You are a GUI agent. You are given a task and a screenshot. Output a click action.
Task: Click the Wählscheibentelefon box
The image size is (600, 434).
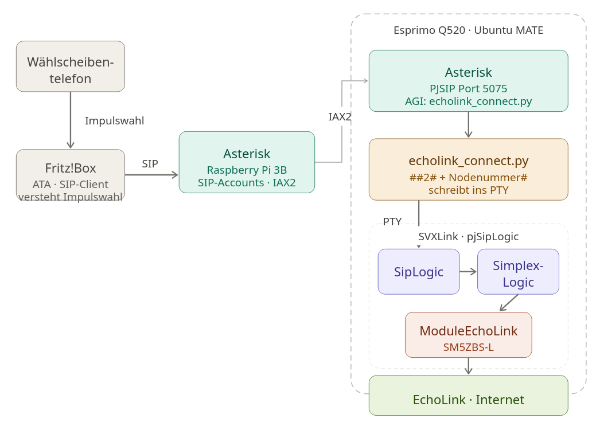[x=71, y=67]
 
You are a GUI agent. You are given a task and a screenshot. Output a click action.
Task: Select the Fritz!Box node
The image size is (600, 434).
[x=71, y=175]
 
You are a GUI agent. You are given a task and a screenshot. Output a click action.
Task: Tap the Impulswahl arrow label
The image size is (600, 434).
[x=114, y=121]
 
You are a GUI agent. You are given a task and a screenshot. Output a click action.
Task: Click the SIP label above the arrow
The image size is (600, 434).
[x=150, y=164]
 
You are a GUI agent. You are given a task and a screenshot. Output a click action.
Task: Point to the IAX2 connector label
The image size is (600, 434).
[x=340, y=117]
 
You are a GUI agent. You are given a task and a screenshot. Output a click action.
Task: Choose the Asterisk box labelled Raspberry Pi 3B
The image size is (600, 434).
[x=247, y=162]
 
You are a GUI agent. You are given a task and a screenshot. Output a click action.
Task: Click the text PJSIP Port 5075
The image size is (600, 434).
[x=468, y=89]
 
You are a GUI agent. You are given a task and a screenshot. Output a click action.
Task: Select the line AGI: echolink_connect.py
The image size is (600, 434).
[x=468, y=101]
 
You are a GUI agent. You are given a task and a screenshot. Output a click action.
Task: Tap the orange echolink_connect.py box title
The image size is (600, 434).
[x=468, y=161]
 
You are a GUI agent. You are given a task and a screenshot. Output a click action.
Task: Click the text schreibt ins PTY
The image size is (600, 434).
[x=468, y=190]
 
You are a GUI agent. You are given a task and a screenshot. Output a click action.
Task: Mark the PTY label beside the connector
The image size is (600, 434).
[x=392, y=222]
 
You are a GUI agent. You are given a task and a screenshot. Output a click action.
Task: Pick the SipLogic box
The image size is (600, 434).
[x=419, y=272]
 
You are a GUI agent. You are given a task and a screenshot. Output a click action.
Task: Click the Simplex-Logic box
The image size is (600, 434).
[x=518, y=272]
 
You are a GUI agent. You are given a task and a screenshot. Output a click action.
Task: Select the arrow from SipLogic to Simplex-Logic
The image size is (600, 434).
[x=468, y=272]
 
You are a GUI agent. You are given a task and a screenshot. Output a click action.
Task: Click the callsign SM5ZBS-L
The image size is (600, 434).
[x=468, y=347]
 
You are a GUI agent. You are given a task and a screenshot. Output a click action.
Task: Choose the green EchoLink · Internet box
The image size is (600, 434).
[x=468, y=400]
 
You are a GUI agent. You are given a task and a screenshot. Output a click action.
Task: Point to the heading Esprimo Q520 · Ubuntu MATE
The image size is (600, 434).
[x=468, y=30]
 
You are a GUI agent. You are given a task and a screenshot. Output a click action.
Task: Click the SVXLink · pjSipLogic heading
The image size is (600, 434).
[x=468, y=237]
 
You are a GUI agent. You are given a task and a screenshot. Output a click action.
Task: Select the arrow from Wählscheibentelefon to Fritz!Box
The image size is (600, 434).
[x=71, y=120]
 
